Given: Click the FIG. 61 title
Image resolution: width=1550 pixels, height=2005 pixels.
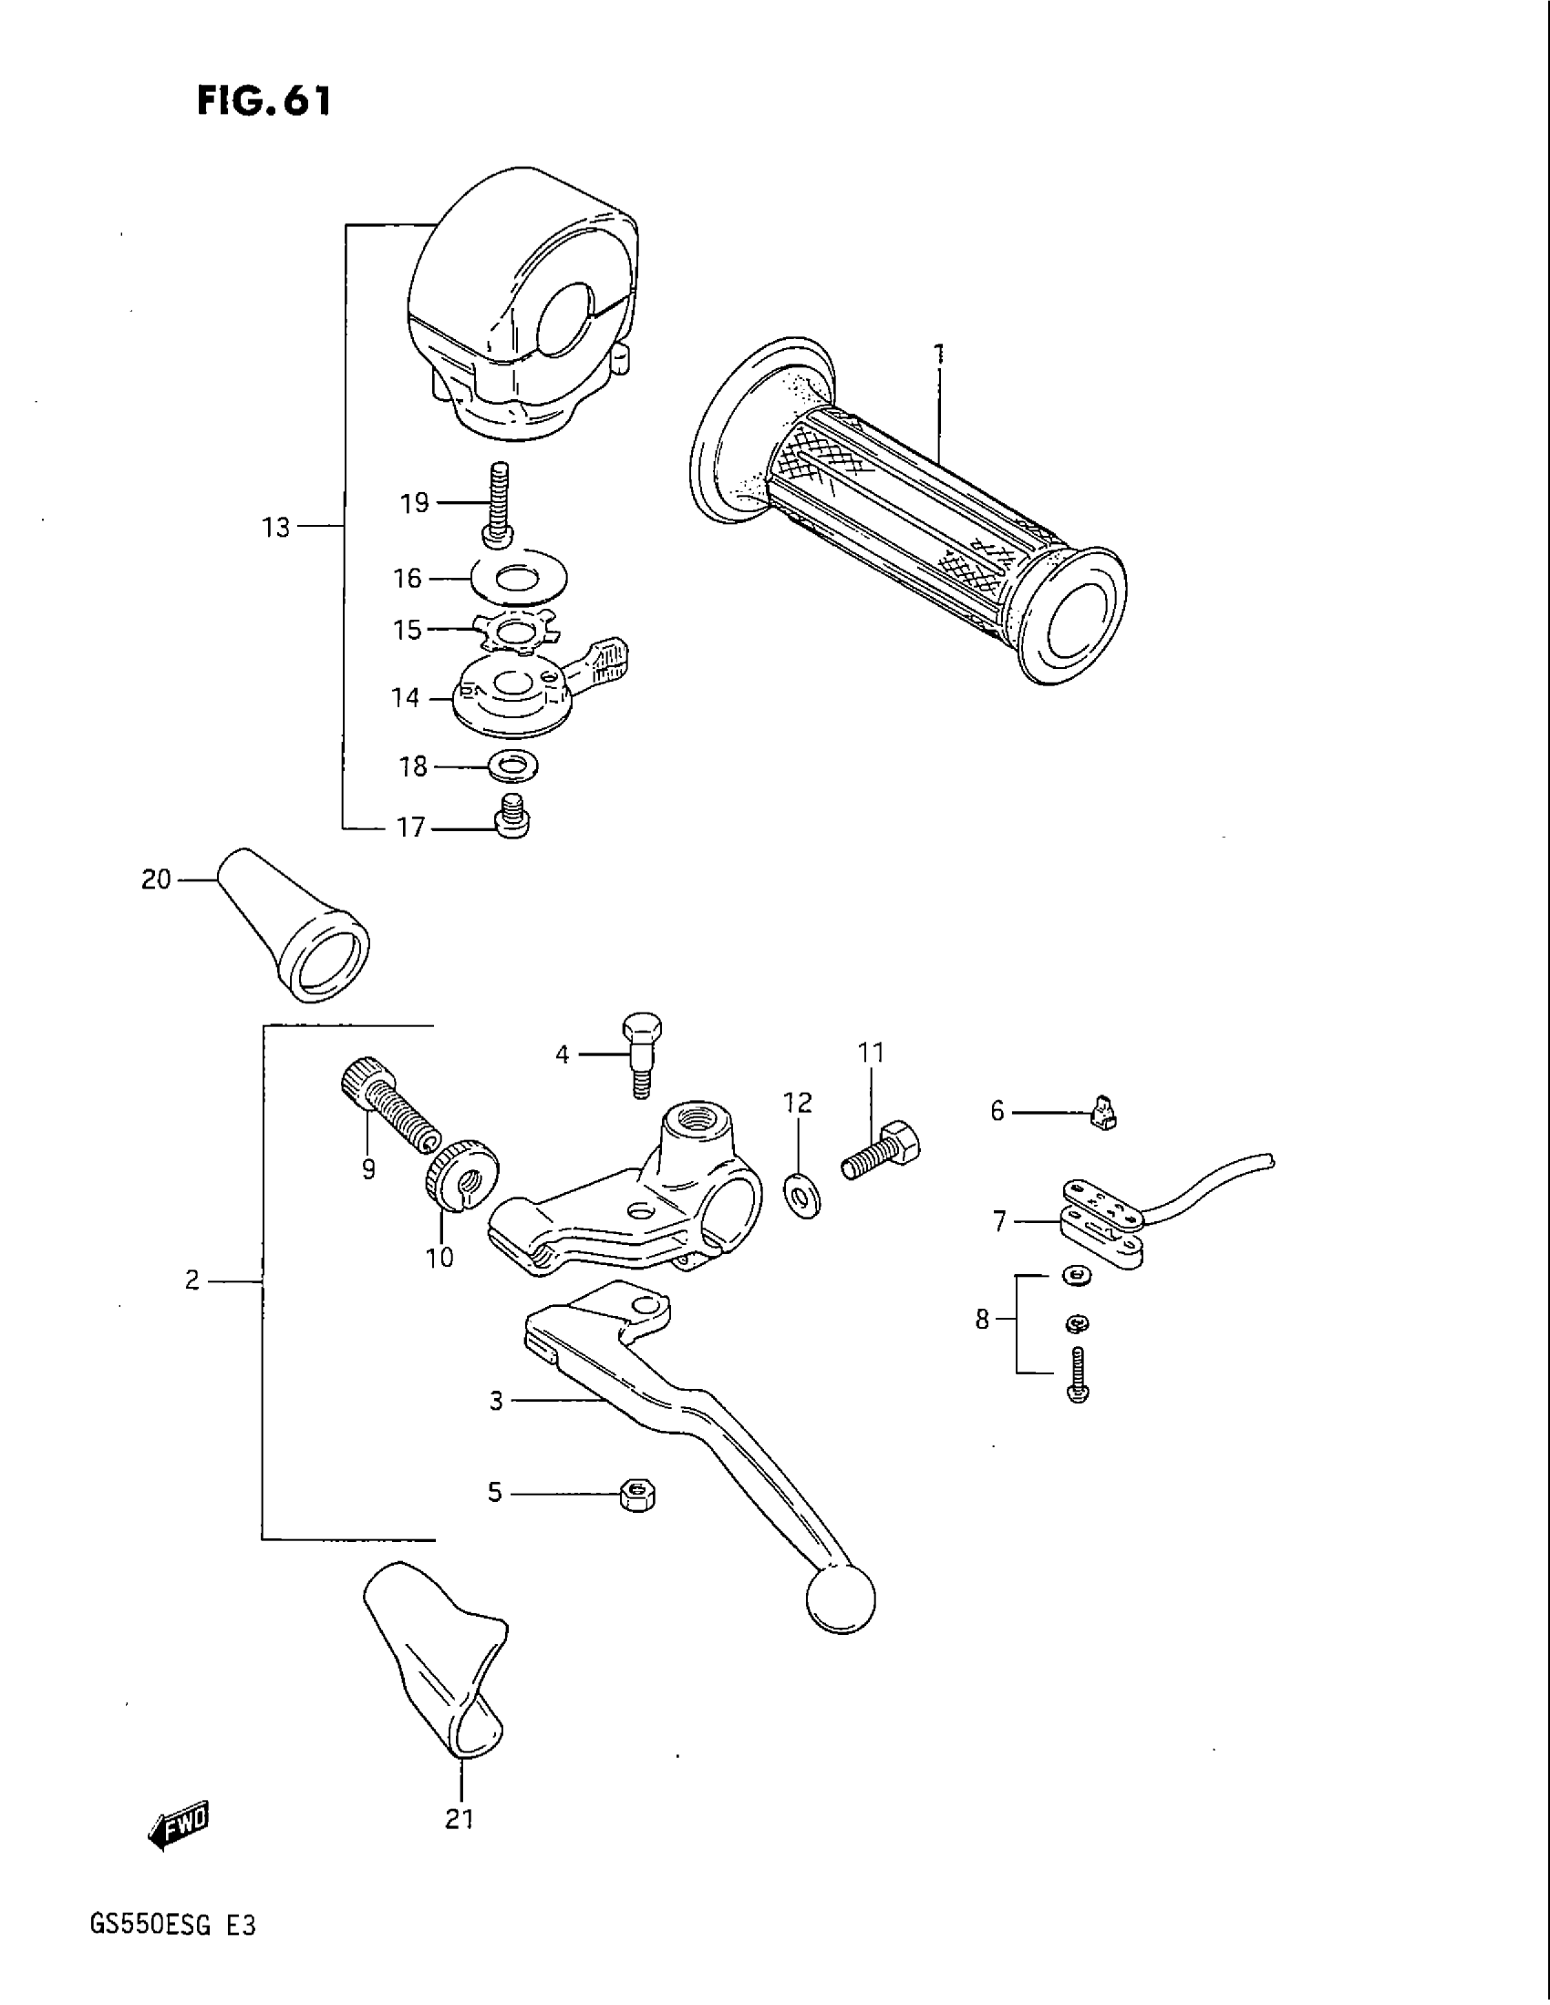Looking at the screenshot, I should pyautogui.click(x=263, y=100).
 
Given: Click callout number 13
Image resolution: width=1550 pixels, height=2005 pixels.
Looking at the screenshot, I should pyautogui.click(x=275, y=528).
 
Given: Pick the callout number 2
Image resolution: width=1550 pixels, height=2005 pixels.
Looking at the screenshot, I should pyautogui.click(x=191, y=1280).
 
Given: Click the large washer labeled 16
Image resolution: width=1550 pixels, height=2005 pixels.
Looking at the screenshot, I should pyautogui.click(x=518, y=579).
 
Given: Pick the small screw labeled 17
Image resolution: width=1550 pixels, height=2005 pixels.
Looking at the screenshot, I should pyautogui.click(x=512, y=816).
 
